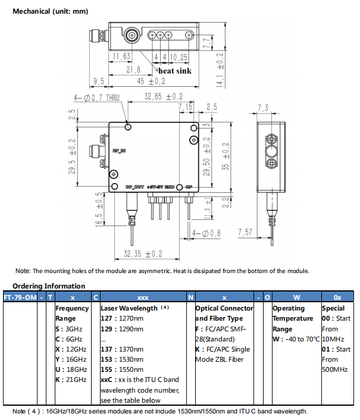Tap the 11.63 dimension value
coord(122,57)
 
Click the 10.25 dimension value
coord(179,57)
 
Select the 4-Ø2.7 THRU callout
coord(97,98)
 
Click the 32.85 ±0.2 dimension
coord(164,96)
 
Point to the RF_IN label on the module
coord(119,151)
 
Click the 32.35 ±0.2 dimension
coord(143,253)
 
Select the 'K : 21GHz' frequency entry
coord(71,380)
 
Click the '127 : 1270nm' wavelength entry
coord(123,319)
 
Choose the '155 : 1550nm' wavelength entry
coord(123,369)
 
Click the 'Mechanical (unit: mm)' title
coord(50,11)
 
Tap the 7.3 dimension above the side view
coord(262,108)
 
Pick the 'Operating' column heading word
coord(289,308)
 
